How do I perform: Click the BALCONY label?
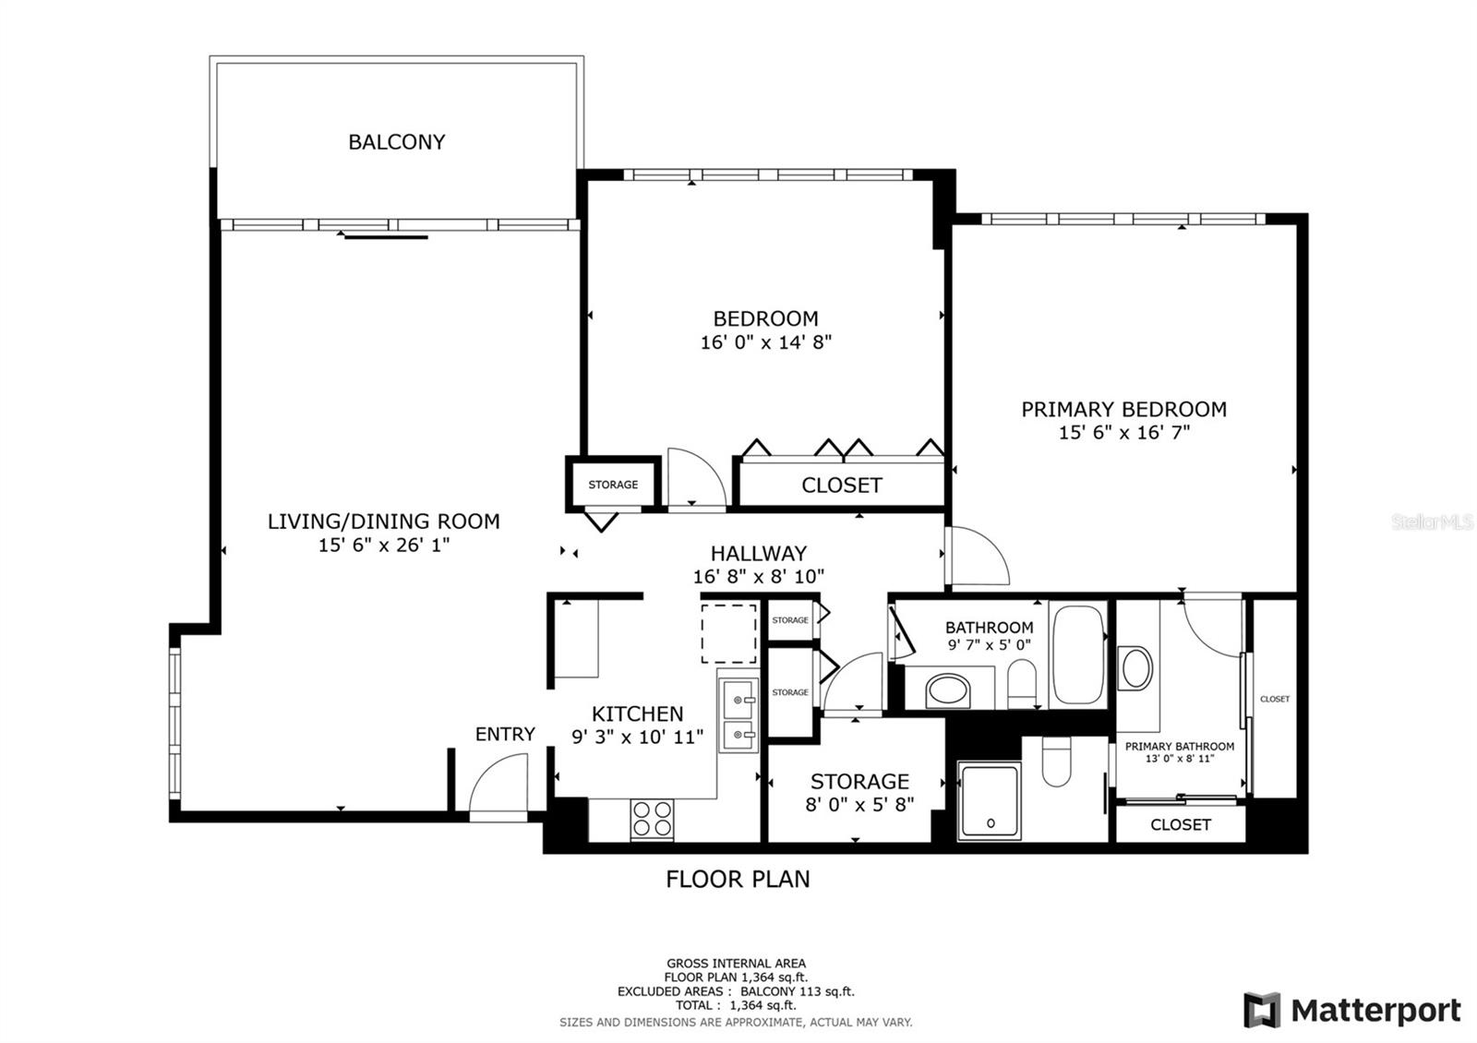396,142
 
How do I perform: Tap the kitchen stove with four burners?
652,819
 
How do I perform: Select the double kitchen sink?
738,715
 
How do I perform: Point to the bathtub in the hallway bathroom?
1077,655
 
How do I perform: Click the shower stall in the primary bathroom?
989,800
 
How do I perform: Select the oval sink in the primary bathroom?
1135,667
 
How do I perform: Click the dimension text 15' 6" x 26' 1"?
383,545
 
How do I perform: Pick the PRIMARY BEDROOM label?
1123,409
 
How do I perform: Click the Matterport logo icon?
1262,1010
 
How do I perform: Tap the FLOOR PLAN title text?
738,879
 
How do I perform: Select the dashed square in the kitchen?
729,633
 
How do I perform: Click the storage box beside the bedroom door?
613,485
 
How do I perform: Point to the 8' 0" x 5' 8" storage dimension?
859,804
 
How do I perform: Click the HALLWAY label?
758,554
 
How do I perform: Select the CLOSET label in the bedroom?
841,486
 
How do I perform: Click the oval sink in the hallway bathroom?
948,689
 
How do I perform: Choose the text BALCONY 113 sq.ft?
798,992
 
